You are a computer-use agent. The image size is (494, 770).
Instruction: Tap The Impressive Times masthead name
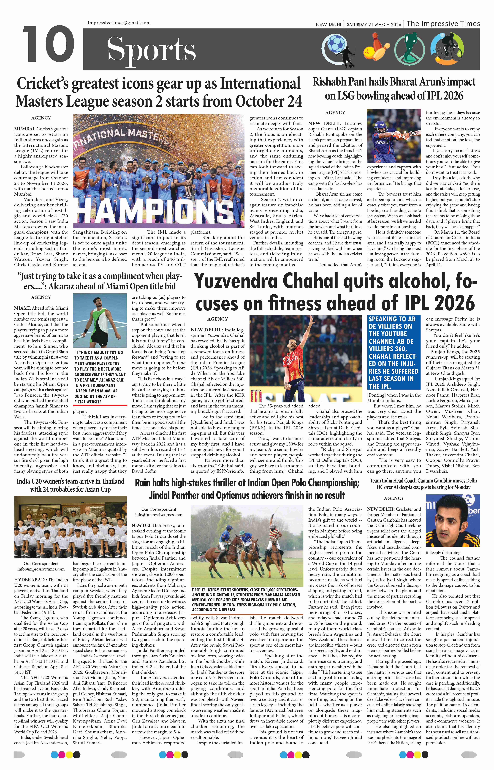coord(443,24)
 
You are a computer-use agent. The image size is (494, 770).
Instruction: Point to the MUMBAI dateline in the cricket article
coord(22,129)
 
